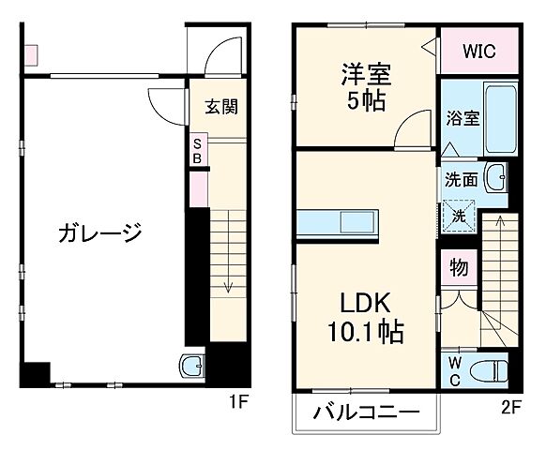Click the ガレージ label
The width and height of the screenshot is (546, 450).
pos(99,232)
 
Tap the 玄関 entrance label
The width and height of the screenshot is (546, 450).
pos(221,106)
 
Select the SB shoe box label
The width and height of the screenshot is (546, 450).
pos(197,151)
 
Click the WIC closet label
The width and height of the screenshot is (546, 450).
pos(478,51)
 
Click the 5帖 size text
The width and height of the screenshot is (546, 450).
pos(365,101)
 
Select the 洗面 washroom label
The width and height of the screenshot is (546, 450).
pos(462,178)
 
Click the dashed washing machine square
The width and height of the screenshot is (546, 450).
pos(460,215)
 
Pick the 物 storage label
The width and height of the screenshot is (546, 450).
pos(459,267)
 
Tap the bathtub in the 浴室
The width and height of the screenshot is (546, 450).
pos(497,120)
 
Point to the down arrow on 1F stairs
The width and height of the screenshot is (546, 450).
pos(226,286)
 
